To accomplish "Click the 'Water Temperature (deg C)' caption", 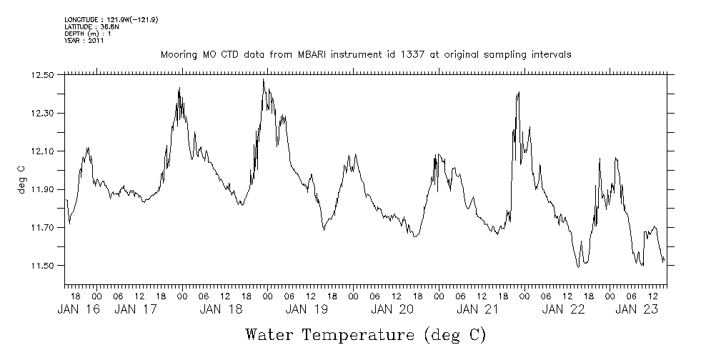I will pos(365,334).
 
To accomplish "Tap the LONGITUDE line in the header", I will pos(111,19).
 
